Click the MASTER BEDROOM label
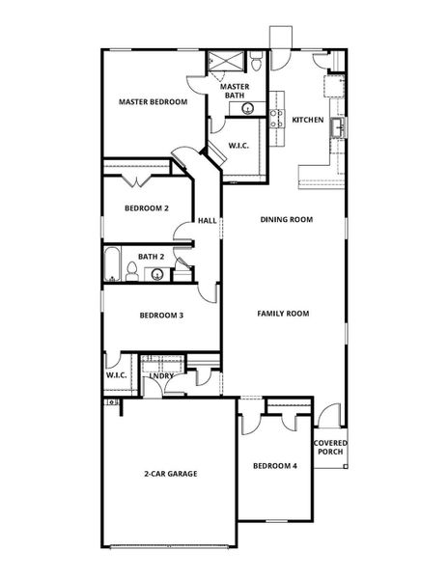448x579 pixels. [153, 101]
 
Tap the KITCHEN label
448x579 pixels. [308, 121]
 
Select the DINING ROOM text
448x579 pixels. [287, 220]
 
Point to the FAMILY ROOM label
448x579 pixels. [283, 314]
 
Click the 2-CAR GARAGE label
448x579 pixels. [171, 474]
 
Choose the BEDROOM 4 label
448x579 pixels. [275, 466]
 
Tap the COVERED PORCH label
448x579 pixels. [330, 448]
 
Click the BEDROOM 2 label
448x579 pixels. [147, 208]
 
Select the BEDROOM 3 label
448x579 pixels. [161, 316]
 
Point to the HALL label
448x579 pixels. [207, 221]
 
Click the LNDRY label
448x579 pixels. [175, 375]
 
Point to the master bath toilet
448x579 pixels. [256, 63]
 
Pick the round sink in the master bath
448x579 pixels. [234, 107]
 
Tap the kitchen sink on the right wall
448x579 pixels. [337, 125]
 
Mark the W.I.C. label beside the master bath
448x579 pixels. [238, 146]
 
